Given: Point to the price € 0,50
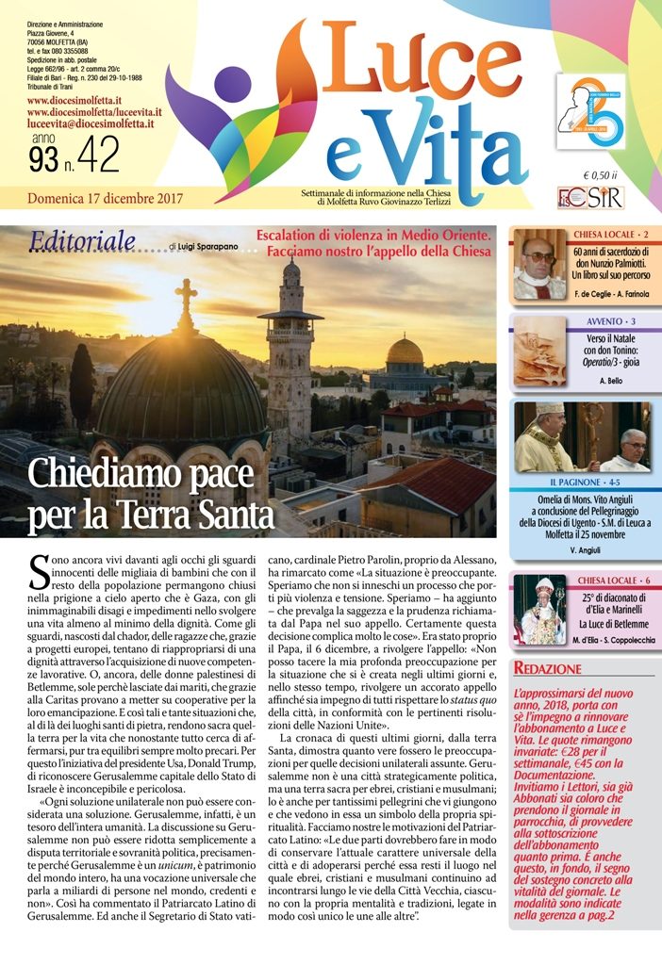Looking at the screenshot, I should pyautogui.click(x=599, y=175).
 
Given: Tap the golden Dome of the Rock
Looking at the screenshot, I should pyautogui.click(x=405, y=352).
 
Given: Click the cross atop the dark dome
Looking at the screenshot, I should pyautogui.click(x=187, y=301).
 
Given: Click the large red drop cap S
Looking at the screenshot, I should pyautogui.click(x=40, y=575).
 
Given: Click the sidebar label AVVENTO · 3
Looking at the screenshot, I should pyautogui.click(x=611, y=321).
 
